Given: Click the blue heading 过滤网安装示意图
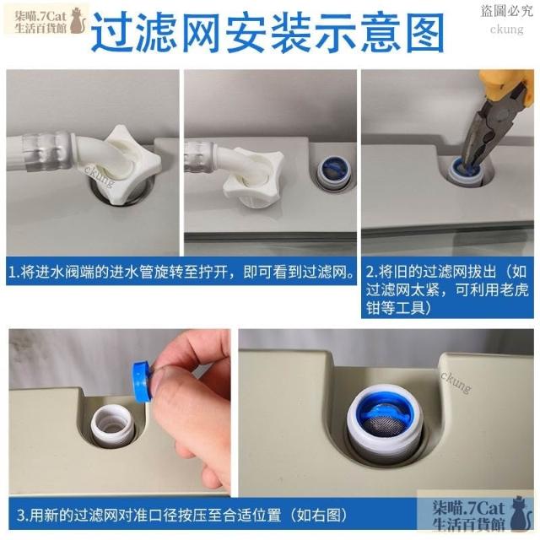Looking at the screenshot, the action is coord(267,33).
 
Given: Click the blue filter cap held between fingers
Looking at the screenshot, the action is coord(143,381).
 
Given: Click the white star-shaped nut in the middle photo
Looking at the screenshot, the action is coord(253,176).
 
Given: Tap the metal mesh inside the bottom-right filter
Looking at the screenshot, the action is coord(384,425).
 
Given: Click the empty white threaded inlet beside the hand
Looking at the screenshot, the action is coord(111,424).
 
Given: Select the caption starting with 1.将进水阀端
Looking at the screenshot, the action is coord(181,273).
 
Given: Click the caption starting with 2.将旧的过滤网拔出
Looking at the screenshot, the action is coord(446,289).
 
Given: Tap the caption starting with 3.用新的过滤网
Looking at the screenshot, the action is coord(182,516).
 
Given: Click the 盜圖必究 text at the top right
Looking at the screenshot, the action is coord(506,11).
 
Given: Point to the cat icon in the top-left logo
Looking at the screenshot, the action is coord(78,21).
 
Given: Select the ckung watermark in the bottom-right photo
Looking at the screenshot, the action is coord(456,381).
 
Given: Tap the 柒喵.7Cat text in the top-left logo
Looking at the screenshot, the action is coord(40,16).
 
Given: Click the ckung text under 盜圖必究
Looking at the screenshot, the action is coord(507,30).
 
